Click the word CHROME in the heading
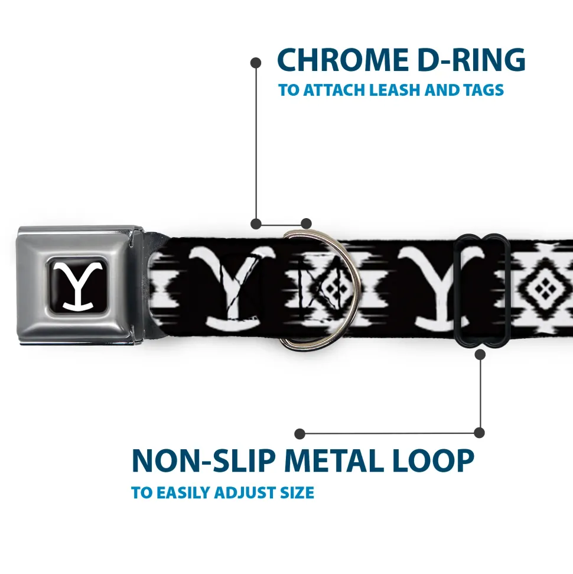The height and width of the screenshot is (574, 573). [x=343, y=60]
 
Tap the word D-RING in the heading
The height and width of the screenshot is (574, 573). [x=471, y=60]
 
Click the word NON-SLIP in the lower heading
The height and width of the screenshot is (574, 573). [x=203, y=461]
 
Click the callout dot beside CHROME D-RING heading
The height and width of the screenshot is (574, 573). [x=256, y=63]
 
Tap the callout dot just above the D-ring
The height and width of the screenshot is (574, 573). [x=306, y=223]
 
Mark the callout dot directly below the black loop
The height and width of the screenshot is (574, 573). [x=480, y=354]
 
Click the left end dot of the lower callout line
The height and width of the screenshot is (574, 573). [x=299, y=434]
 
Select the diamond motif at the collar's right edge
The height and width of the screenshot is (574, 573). [x=545, y=288]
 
